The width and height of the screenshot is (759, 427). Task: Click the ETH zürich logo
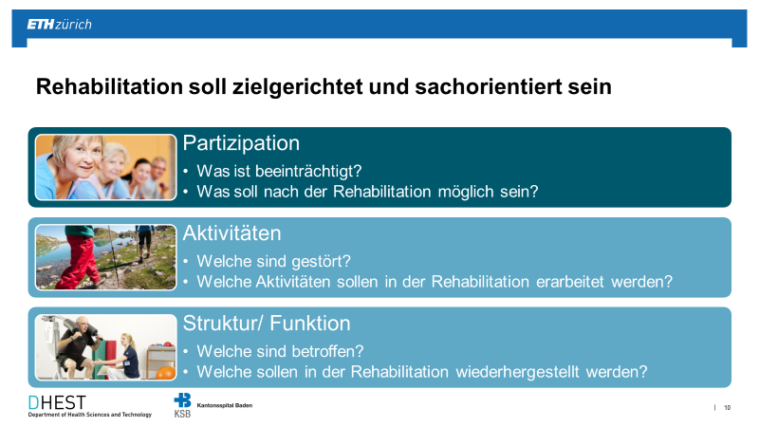click(59, 25)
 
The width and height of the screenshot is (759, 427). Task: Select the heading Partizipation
click(241, 143)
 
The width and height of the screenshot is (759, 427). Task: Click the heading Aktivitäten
click(231, 233)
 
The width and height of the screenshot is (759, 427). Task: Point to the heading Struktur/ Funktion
click(267, 324)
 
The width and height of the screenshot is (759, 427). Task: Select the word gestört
click(322, 262)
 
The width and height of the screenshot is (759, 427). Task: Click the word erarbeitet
click(570, 282)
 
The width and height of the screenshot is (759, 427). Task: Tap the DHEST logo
click(89, 406)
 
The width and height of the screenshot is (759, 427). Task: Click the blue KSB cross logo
click(182, 400)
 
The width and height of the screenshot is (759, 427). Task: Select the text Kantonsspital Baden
click(225, 405)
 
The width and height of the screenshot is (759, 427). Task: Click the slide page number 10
click(727, 408)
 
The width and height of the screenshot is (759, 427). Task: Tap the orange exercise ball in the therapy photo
click(165, 372)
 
